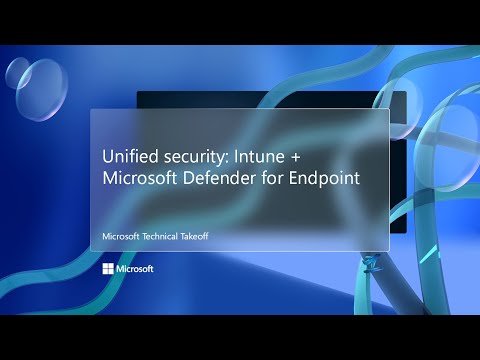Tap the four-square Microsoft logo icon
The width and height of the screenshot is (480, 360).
click(x=107, y=269)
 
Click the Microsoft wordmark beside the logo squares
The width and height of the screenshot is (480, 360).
click(x=134, y=269)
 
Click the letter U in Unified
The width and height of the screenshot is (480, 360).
click(x=107, y=157)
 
